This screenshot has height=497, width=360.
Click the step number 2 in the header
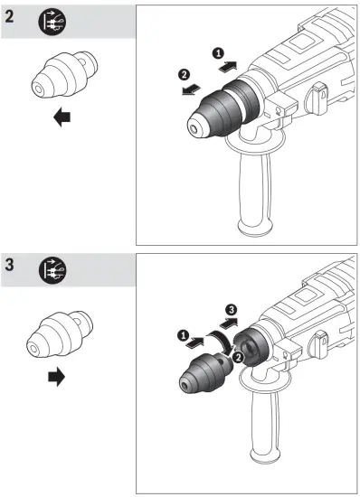12,22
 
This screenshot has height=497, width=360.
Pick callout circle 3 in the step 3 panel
232,311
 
